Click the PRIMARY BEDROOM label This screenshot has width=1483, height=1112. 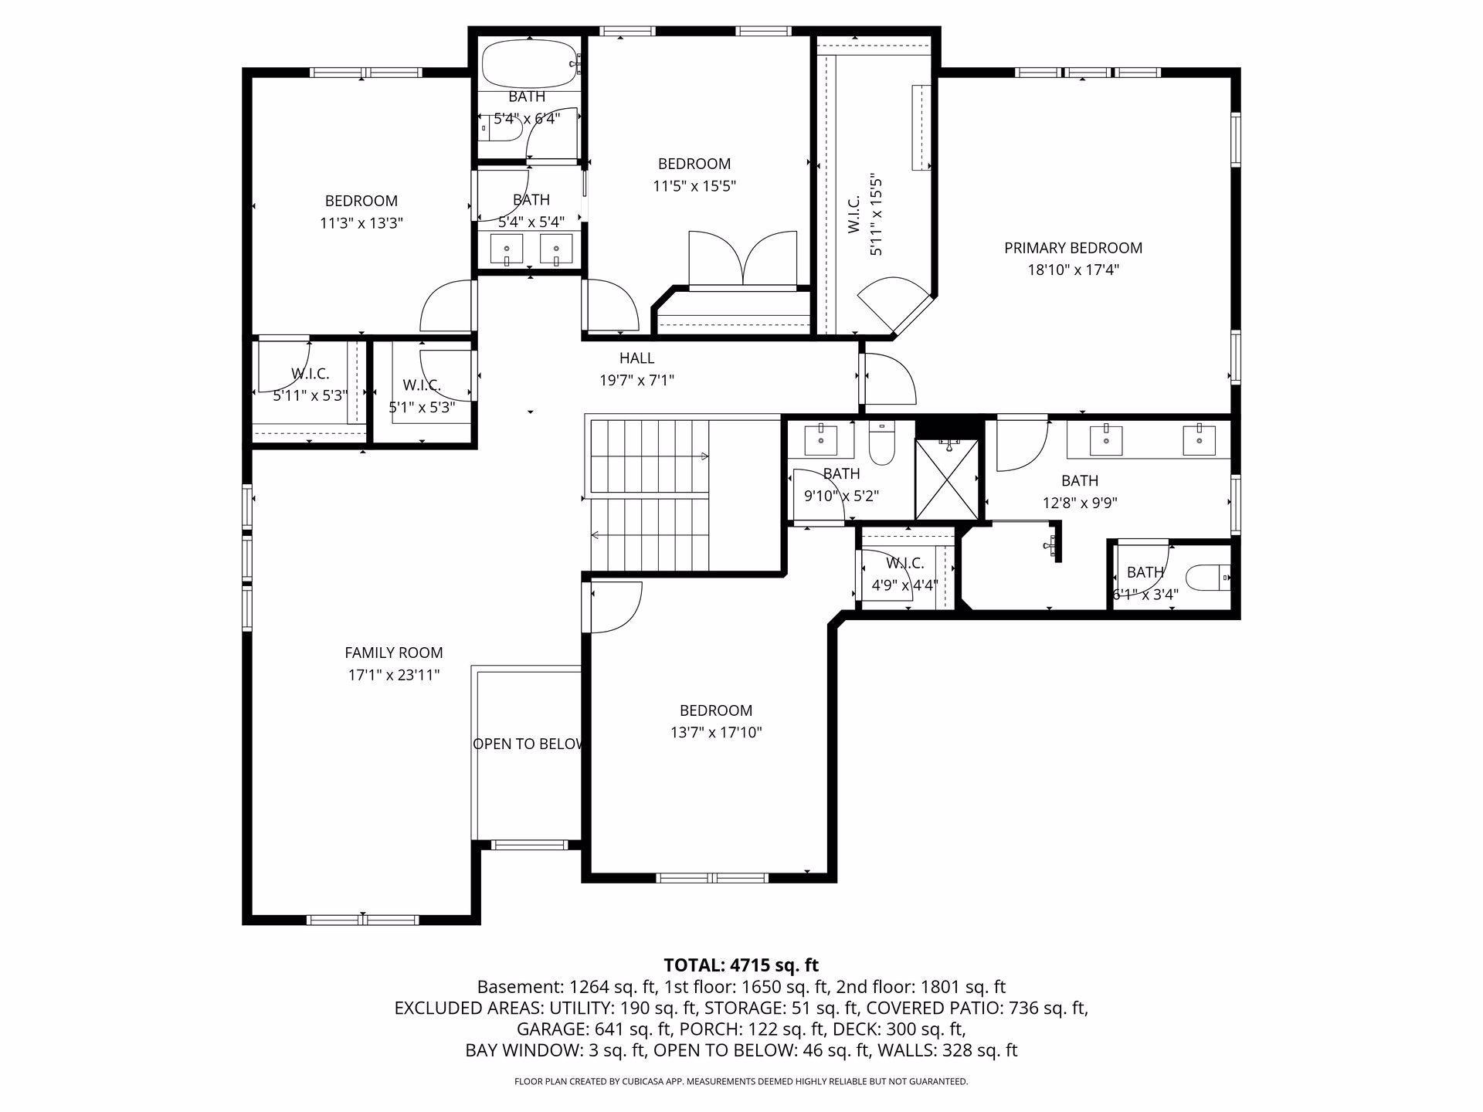(x=1073, y=248)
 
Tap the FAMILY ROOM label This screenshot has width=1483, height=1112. (x=394, y=653)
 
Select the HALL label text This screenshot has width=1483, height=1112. (x=636, y=358)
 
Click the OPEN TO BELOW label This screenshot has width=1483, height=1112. (x=528, y=744)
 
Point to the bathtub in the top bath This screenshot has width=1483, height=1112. (x=529, y=64)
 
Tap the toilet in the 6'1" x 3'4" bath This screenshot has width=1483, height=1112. (x=1206, y=577)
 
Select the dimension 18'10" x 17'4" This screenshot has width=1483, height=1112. (x=1073, y=270)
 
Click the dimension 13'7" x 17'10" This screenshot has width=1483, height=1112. (x=716, y=732)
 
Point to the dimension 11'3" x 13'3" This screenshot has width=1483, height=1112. (x=361, y=223)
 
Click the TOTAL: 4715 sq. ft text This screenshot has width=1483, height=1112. (x=741, y=965)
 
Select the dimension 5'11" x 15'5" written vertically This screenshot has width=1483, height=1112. (x=876, y=214)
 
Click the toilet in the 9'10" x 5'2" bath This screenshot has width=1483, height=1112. (x=881, y=442)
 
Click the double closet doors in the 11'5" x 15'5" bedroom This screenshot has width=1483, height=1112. (x=742, y=259)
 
